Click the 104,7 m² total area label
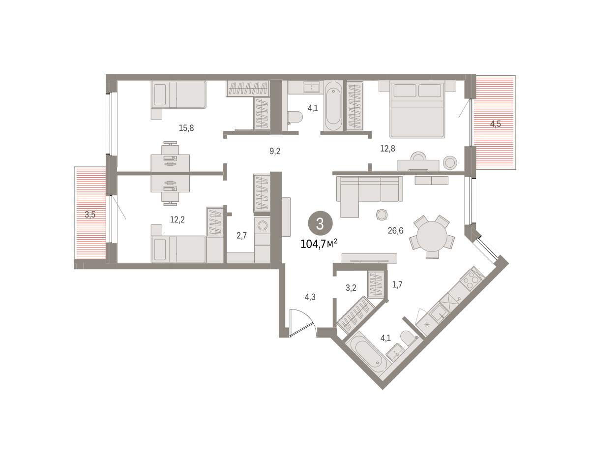pyautogui.click(x=319, y=244)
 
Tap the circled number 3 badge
pyautogui.click(x=320, y=224)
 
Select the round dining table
pyautogui.click(x=432, y=237)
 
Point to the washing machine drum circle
pyautogui.click(x=262, y=225)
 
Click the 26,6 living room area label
pyautogui.click(x=395, y=231)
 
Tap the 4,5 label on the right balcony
pyautogui.click(x=495, y=124)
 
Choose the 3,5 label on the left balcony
pyautogui.click(x=90, y=215)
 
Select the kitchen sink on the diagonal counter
pyautogui.click(x=439, y=313)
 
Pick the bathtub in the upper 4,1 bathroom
pyautogui.click(x=333, y=107)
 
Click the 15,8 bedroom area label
pyautogui.click(x=186, y=127)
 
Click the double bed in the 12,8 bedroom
pyautogui.click(x=417, y=109)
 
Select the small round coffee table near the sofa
pyautogui.click(x=382, y=215)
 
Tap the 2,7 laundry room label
pyautogui.click(x=241, y=235)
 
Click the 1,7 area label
pyautogui.click(x=397, y=284)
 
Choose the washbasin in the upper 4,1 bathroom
pyautogui.click(x=312, y=87)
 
